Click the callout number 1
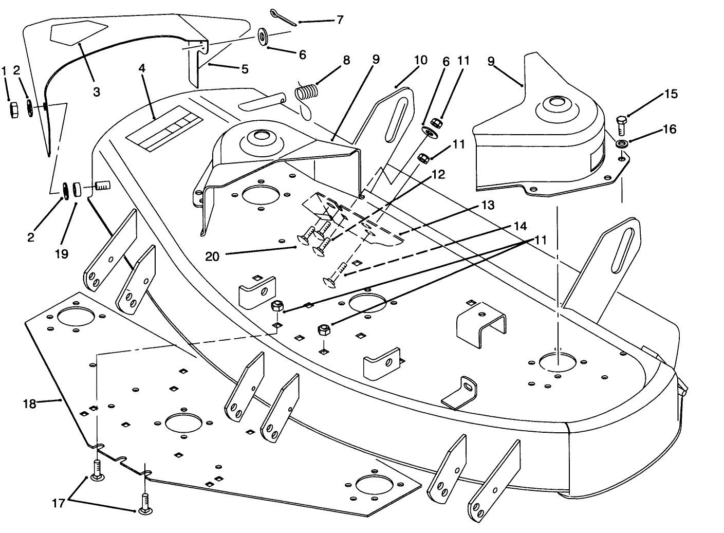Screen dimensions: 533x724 [5, 70]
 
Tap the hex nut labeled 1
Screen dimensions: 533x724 [15, 109]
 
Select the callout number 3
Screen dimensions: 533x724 [97, 91]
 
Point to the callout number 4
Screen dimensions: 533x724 [142, 68]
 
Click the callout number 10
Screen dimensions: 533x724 [420, 60]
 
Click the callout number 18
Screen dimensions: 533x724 [30, 404]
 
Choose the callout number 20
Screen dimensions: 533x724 [212, 256]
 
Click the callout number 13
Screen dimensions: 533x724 [488, 205]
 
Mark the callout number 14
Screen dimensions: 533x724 [520, 226]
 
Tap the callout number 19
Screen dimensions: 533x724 [62, 254]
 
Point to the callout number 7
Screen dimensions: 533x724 [340, 20]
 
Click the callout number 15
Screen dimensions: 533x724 [671, 94]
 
